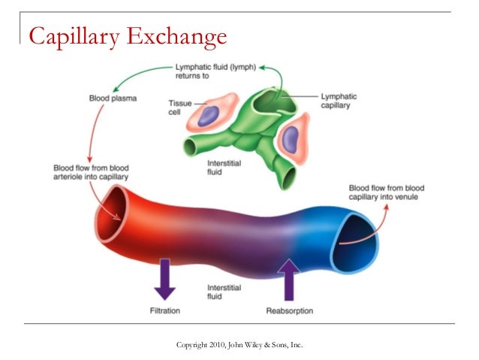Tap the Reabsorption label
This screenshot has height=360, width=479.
coord(289,310)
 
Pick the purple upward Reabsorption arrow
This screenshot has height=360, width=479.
coord(289,278)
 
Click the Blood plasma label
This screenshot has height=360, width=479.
coord(113,98)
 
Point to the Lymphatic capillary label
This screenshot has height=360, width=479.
coord(339,101)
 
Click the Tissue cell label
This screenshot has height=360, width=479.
coord(179,107)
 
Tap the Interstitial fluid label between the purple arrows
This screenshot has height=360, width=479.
coord(223,292)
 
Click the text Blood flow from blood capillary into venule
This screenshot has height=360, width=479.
coord(387,192)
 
